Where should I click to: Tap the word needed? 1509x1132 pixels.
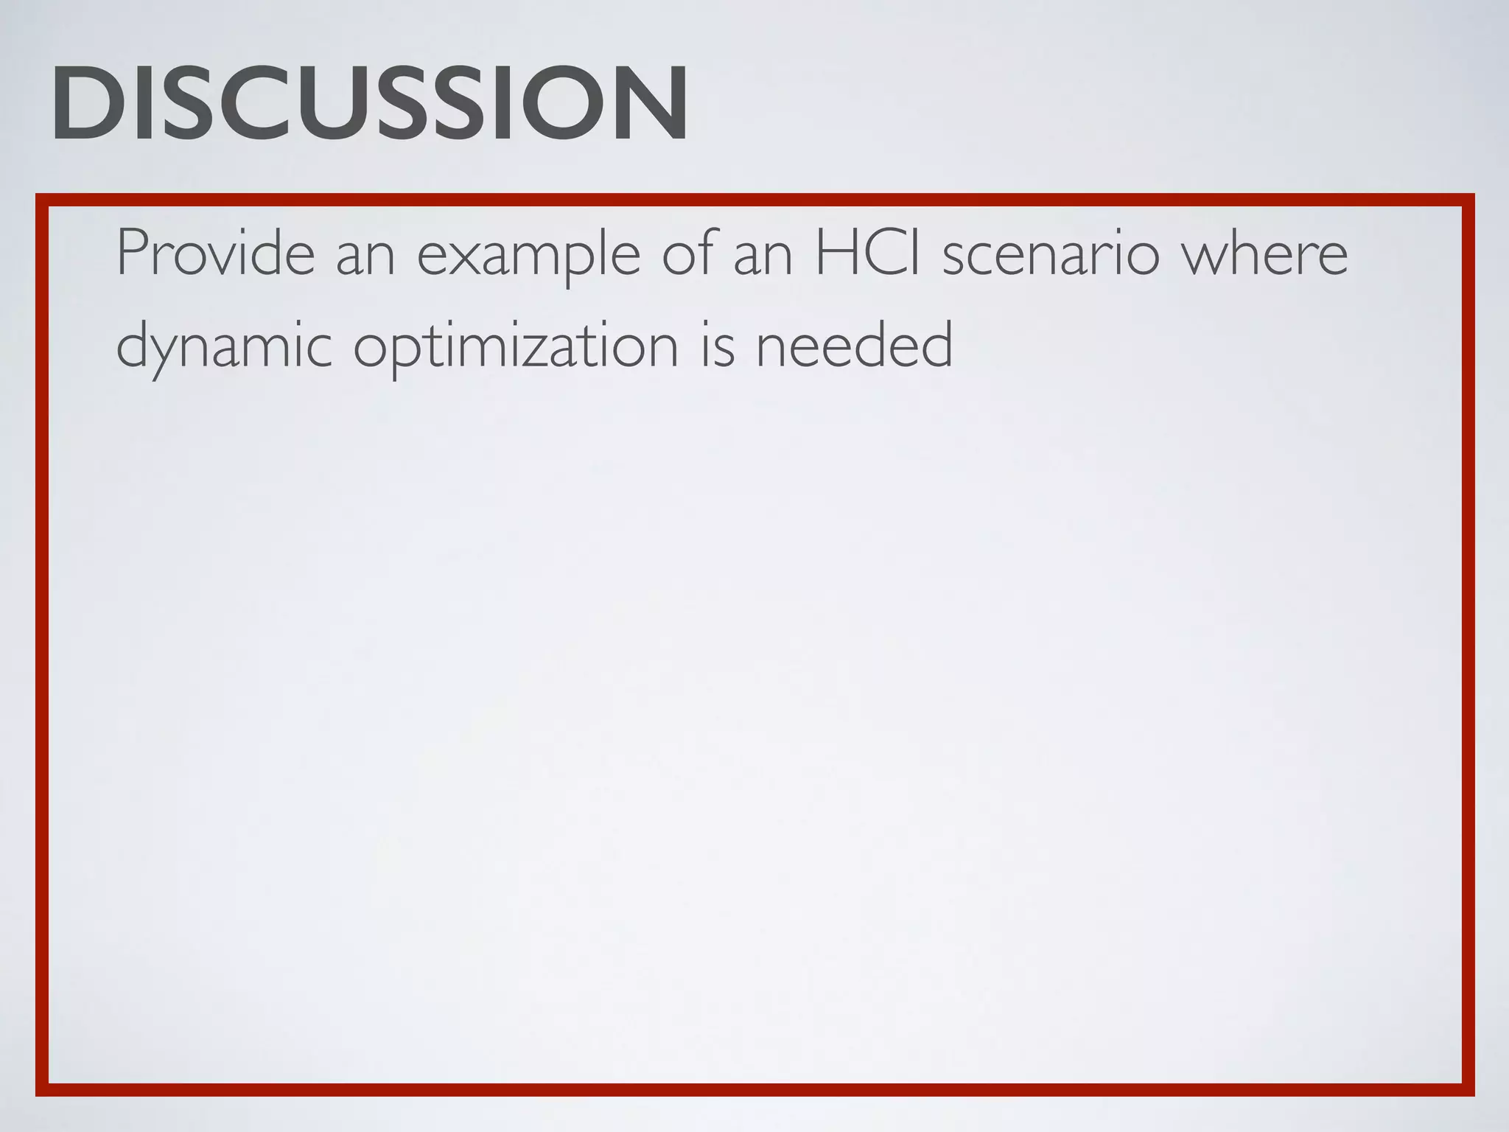click(x=855, y=345)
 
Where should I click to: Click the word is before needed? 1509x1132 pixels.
click(x=717, y=345)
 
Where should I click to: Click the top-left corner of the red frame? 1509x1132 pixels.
click(x=42, y=200)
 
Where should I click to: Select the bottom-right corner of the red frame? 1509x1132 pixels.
click(x=1468, y=1090)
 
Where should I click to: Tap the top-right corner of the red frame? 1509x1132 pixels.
click(x=1468, y=200)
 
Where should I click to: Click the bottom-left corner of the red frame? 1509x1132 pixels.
click(x=42, y=1090)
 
